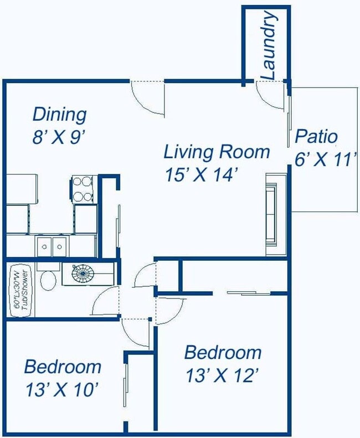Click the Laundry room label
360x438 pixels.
tap(269, 45)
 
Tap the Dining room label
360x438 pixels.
tap(59, 115)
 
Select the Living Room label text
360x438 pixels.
tap(217, 152)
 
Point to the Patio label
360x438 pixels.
tap(316, 136)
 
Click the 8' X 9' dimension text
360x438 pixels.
tap(58, 137)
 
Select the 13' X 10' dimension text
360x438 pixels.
tap(62, 389)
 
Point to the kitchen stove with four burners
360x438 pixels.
tap(83, 189)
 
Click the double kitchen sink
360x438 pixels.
tap(52, 246)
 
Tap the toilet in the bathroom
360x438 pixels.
tap(48, 279)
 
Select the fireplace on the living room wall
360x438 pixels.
tap(276, 214)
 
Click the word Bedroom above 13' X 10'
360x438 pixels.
tap(63, 367)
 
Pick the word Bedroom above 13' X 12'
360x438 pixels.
tap(223, 352)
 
